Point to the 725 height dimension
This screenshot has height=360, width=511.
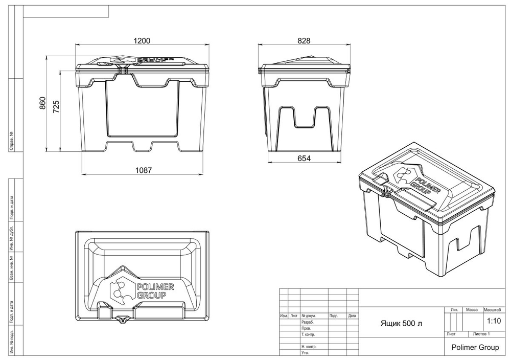pyautogui.click(x=57, y=106)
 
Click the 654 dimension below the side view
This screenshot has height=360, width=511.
pyautogui.click(x=305, y=159)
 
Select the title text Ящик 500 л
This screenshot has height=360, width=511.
pyautogui.click(x=402, y=324)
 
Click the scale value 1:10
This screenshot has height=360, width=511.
pyautogui.click(x=494, y=322)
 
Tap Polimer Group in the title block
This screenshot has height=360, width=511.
pyautogui.click(x=475, y=347)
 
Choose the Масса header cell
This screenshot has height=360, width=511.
pyautogui.click(x=472, y=310)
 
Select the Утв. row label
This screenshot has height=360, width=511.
pyautogui.click(x=306, y=353)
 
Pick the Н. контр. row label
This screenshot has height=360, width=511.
pyautogui.click(x=310, y=347)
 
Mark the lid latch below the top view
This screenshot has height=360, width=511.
pyautogui.click(x=122, y=320)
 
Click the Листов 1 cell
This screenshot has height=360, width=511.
pyautogui.click(x=482, y=334)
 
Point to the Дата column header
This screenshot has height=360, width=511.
pyautogui.click(x=352, y=316)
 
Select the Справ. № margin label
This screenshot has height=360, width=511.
pyautogui.click(x=11, y=141)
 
